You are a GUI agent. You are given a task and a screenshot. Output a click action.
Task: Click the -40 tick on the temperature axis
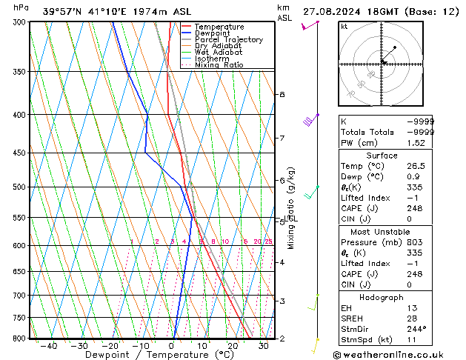point(49,345)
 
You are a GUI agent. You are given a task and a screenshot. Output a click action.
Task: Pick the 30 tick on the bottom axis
point(264,345)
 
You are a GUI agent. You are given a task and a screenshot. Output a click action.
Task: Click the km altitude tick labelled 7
point(282,139)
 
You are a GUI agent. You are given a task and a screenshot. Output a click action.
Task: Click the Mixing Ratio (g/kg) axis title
point(291,208)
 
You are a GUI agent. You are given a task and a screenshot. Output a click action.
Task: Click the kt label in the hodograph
point(344,26)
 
